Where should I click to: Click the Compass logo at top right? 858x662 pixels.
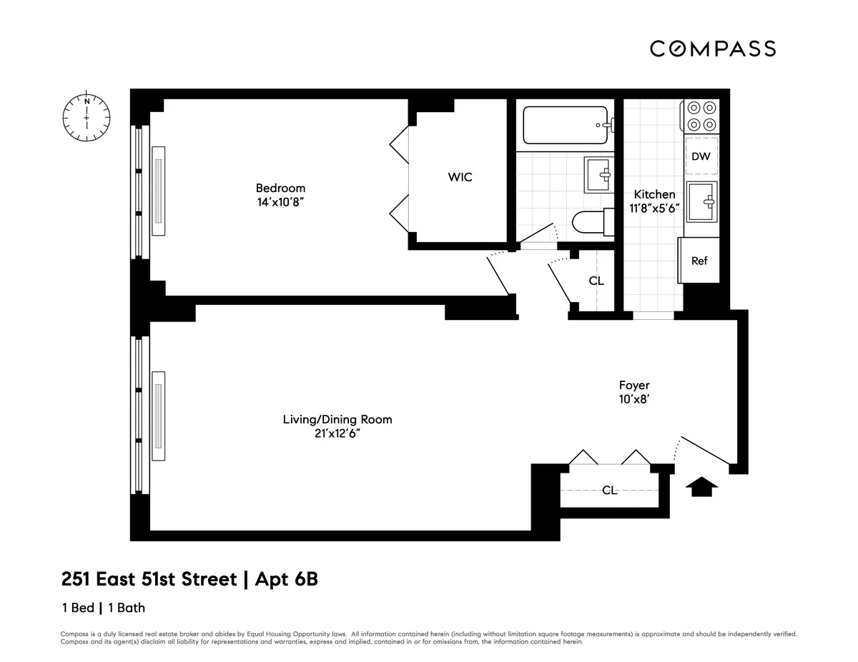pyautogui.click(x=712, y=49)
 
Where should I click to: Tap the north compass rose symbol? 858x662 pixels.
pyautogui.click(x=87, y=116)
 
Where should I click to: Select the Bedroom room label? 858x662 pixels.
pyautogui.click(x=280, y=188)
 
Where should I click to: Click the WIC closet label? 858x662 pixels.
pyautogui.click(x=460, y=177)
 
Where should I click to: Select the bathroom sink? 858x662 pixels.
pyautogui.click(x=598, y=175)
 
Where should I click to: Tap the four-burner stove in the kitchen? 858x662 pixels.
pyautogui.click(x=700, y=116)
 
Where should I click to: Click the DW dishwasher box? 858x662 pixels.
pyautogui.click(x=701, y=156)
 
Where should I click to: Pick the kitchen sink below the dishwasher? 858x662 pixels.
pyautogui.click(x=701, y=202)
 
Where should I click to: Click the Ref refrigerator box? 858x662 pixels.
pyautogui.click(x=699, y=261)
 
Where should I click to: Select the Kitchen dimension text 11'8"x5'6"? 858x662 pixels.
pyautogui.click(x=654, y=209)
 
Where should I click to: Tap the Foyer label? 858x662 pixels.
pyautogui.click(x=634, y=386)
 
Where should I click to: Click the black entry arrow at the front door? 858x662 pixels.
pyautogui.click(x=701, y=486)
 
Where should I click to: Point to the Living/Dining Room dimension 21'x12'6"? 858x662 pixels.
pyautogui.click(x=337, y=433)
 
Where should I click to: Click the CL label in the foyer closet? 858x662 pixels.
pyautogui.click(x=609, y=490)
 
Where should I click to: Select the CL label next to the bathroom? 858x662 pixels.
pyautogui.click(x=596, y=281)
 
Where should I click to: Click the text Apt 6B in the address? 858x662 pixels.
pyautogui.click(x=284, y=578)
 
